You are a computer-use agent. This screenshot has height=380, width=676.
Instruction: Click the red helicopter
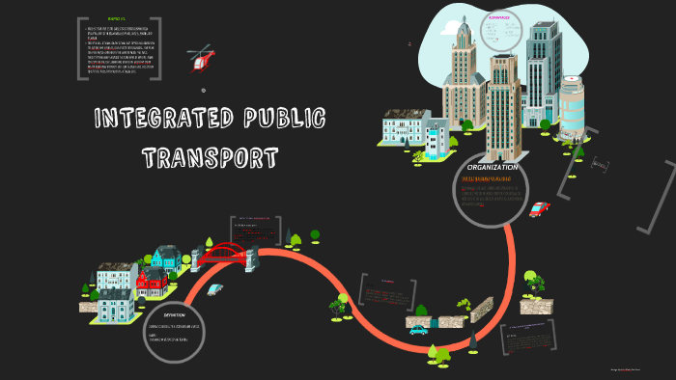[203, 59]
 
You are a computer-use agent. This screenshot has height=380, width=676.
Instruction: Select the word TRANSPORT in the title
[211, 156]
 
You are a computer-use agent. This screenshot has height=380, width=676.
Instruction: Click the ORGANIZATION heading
[493, 168]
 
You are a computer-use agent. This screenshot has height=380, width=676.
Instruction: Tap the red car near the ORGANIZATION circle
[539, 209]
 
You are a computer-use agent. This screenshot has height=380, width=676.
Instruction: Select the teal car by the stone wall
[418, 330]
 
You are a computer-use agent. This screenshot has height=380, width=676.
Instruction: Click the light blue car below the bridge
[214, 288]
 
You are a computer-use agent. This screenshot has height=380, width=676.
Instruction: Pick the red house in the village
[150, 284]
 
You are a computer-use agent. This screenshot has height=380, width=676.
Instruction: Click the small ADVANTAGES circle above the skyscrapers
[500, 30]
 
